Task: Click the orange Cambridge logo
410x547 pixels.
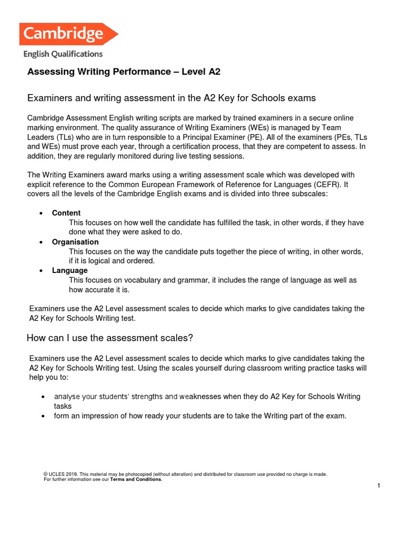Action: (x=68, y=34)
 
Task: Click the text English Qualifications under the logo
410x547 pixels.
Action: (x=62, y=53)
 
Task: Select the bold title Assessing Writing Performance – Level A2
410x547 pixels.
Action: (x=123, y=72)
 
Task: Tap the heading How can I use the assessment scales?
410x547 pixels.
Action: (x=109, y=338)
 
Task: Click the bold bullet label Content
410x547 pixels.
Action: (x=66, y=213)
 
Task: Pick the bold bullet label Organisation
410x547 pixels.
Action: (x=75, y=242)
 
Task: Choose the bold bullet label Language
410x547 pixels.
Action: (x=69, y=271)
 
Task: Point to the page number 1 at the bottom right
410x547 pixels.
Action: (x=379, y=486)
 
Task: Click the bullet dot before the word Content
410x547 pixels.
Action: (x=42, y=214)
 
